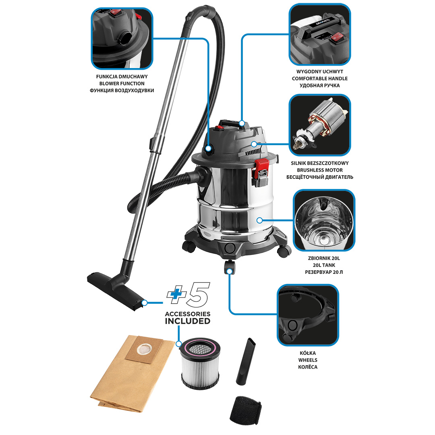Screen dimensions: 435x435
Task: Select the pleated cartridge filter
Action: coord(200,363)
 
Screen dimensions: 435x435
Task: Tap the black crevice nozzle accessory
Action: coord(246,361)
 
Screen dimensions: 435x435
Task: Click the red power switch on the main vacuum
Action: coord(220,128)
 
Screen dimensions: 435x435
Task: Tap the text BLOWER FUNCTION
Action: coord(122,83)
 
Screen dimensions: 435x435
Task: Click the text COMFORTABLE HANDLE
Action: coord(319,79)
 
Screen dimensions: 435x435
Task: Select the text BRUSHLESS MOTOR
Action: coord(319,170)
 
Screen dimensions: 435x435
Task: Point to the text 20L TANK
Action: coord(324,265)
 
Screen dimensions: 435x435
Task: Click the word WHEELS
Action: coord(308,360)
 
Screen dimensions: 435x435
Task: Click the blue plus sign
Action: coord(176,294)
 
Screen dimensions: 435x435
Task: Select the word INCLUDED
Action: coord(188,321)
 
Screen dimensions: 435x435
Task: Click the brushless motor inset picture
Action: coord(319,125)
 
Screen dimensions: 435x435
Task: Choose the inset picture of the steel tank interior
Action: coord(324,220)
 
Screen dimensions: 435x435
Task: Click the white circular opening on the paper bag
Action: coord(144,349)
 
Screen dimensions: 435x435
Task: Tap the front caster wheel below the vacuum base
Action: coord(230,267)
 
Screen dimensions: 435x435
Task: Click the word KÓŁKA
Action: coord(308,353)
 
